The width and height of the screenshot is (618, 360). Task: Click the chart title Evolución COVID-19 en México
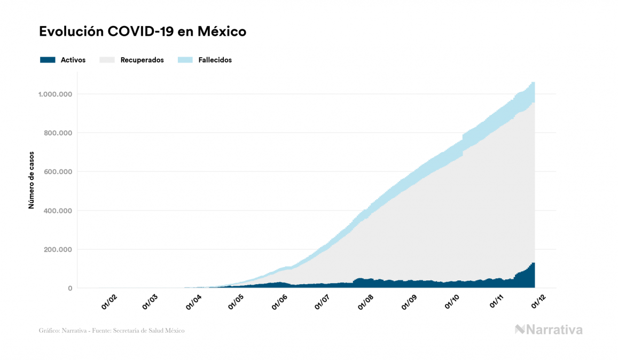143,32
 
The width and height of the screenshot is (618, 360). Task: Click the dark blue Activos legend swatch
48,60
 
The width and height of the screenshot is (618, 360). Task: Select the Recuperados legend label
142,60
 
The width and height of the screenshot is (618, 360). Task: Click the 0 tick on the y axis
70,288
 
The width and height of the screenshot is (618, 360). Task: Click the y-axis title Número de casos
32,180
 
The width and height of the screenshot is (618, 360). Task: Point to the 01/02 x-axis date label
109,303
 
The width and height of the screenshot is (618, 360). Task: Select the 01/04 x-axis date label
194,303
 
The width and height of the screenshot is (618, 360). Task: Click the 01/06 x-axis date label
280,303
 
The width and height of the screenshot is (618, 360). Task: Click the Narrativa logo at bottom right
549,330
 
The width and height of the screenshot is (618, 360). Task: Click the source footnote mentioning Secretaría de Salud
112,331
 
